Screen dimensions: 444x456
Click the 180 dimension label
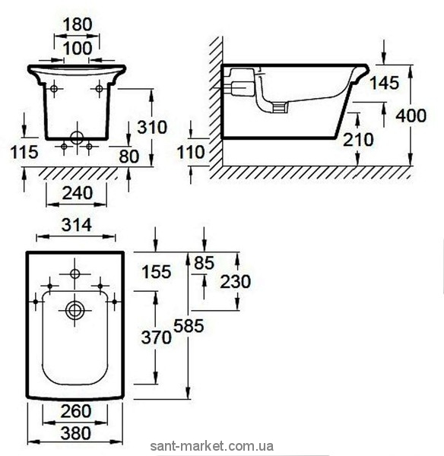(78, 24)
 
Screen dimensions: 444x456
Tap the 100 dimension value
(78, 48)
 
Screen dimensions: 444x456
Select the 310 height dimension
(152, 127)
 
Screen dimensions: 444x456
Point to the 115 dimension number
(24, 152)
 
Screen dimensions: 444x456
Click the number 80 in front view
(129, 157)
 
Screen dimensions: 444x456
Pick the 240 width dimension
(77, 193)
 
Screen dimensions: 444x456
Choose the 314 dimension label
(77, 225)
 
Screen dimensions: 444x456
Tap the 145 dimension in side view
(384, 83)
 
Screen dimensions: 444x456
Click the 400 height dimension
(411, 116)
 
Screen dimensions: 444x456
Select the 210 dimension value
(358, 140)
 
